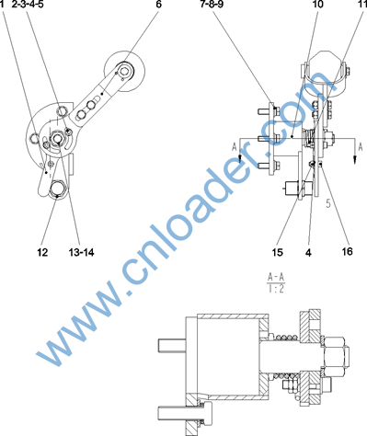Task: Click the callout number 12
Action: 42,252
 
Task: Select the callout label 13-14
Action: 81,252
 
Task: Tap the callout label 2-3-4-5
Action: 28,4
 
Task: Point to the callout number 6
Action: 158,4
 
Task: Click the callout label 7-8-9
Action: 212,4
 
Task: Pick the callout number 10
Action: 317,4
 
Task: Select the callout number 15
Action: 277,252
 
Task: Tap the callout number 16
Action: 347,251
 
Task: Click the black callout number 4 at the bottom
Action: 308,252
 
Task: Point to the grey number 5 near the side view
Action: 328,203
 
